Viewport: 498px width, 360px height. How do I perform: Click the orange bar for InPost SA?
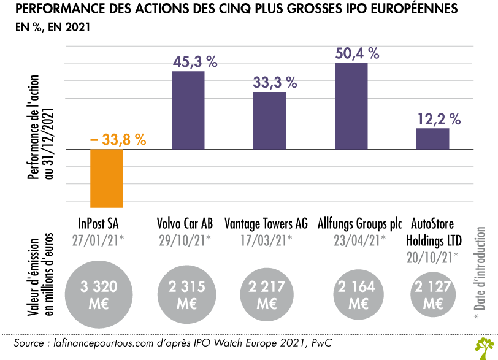tap(107, 178)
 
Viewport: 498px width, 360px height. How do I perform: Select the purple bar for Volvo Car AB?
tap(188, 110)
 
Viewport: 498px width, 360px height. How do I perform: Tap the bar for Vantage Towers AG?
tap(269, 120)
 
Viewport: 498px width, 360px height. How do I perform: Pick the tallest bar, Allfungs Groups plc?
tap(351, 106)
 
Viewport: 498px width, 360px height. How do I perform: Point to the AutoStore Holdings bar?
tap(432, 139)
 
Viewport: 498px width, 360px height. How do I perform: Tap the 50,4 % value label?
tap(357, 53)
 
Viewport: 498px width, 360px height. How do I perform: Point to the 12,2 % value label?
tap(438, 118)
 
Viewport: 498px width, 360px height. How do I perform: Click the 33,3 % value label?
tap(275, 82)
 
